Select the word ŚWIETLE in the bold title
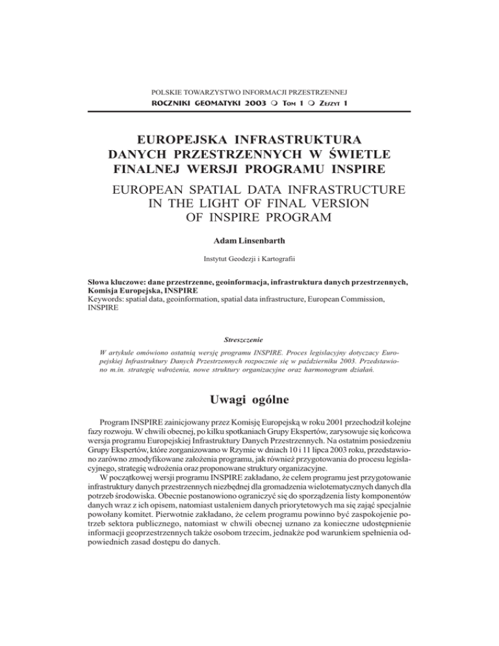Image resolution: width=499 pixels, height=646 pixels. point(353,155)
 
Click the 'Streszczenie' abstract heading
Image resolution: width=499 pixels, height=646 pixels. point(249,340)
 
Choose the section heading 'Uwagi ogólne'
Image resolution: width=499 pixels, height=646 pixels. point(249,400)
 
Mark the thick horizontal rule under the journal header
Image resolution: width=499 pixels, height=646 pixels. point(249,112)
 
